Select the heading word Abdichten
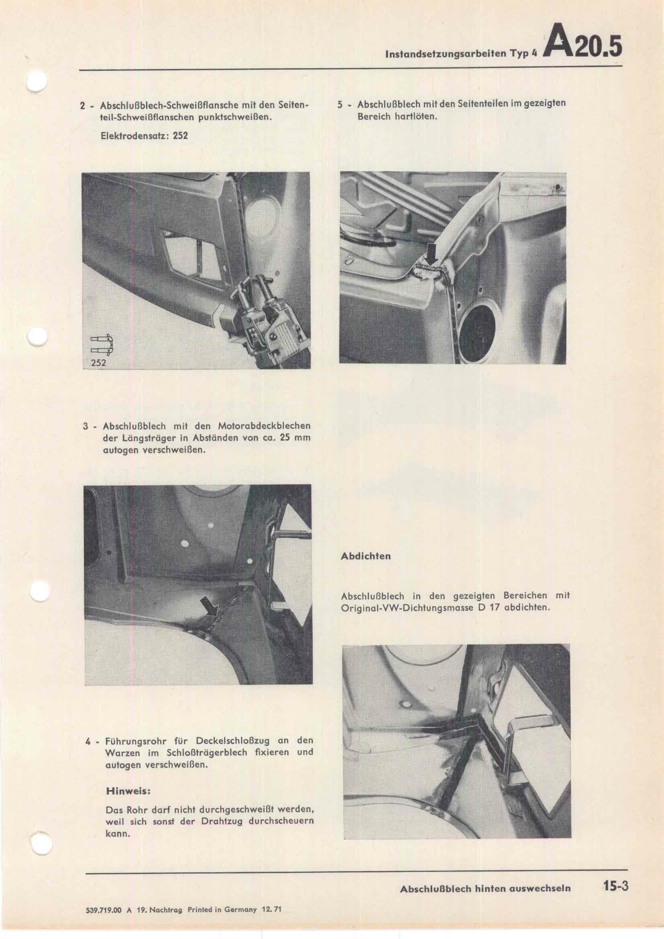[366, 556]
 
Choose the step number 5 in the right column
[340, 104]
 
